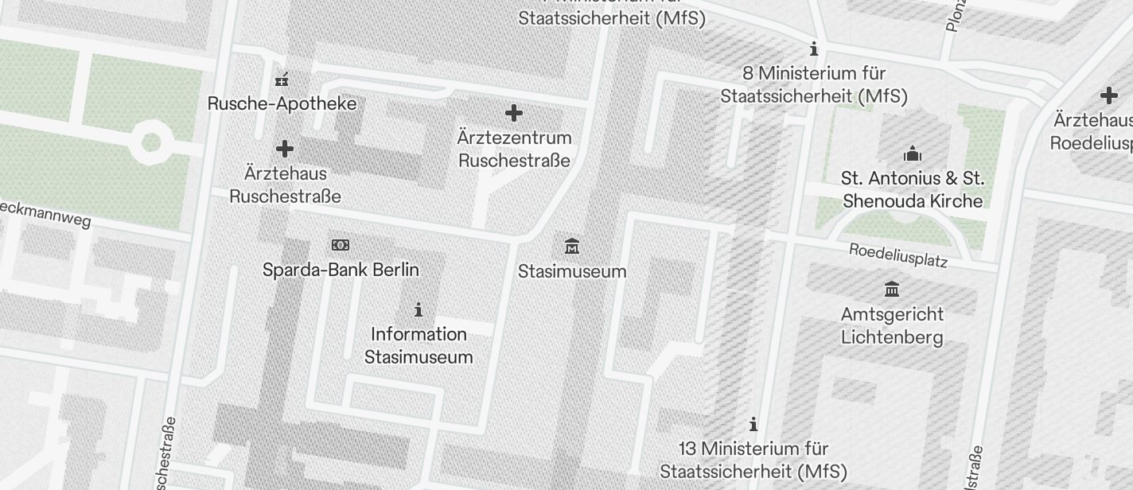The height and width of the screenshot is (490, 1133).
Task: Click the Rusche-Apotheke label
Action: click(x=282, y=103)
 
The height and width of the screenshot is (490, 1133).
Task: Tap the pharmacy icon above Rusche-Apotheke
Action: click(x=282, y=79)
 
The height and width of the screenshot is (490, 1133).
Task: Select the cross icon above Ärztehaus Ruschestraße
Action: click(x=284, y=149)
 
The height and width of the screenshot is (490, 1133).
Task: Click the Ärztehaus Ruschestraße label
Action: click(x=285, y=185)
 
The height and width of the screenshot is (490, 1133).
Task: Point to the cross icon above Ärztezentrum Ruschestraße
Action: click(x=514, y=113)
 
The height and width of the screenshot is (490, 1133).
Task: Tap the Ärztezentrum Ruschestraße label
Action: click(x=515, y=149)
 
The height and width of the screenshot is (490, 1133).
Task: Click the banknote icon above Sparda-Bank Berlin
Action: click(x=341, y=245)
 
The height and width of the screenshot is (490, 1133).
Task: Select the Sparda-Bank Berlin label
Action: click(x=341, y=270)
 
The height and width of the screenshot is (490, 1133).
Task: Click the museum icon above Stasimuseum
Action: click(x=571, y=246)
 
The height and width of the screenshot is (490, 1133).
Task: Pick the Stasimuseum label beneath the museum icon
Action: click(x=572, y=271)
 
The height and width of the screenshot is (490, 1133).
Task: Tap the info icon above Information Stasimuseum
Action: click(x=419, y=309)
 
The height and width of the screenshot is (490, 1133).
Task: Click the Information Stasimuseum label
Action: click(x=419, y=345)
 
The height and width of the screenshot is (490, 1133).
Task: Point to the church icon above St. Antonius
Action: click(x=913, y=153)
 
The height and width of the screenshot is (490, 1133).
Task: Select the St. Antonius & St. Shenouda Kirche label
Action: click(x=913, y=189)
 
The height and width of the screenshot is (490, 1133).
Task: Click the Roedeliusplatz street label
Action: click(x=898, y=255)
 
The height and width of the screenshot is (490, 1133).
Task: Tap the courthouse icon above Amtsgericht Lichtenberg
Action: click(x=892, y=289)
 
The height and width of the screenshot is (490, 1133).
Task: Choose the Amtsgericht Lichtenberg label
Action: click(x=892, y=325)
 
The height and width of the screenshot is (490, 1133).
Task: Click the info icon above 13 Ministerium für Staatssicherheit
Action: click(x=753, y=424)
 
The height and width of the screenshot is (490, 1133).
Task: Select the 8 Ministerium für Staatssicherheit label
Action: click(x=814, y=84)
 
